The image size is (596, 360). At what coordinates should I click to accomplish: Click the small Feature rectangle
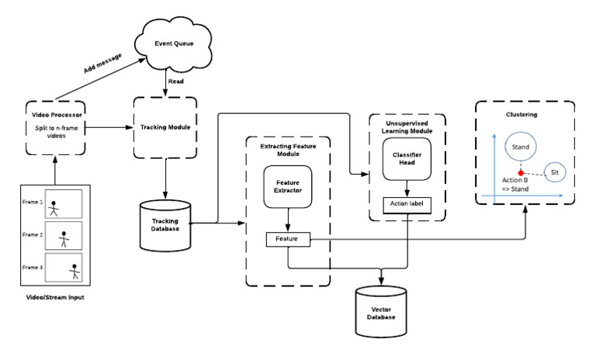[288, 241]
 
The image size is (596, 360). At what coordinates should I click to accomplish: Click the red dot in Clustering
[521, 171]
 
